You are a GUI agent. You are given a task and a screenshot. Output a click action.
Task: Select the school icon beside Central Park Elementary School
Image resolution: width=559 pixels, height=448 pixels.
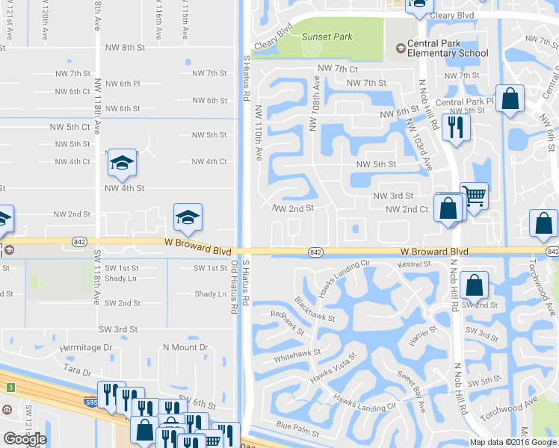point(401,49)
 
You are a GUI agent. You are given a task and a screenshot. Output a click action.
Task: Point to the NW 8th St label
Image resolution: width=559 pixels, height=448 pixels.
point(124,47)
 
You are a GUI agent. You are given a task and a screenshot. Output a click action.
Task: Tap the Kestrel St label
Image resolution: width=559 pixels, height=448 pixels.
point(416,264)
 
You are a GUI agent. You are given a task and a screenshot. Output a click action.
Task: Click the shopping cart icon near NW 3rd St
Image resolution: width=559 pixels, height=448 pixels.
point(474,196)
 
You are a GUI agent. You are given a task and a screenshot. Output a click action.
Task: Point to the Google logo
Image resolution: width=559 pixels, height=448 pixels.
point(25,439)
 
